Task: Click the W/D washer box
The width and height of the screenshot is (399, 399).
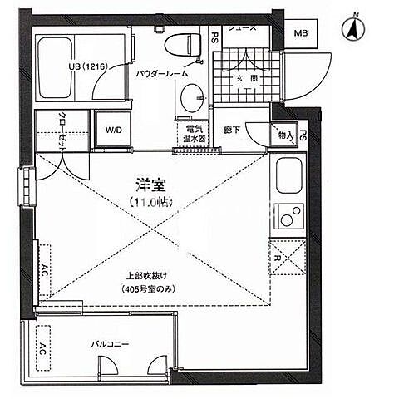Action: (x=111, y=130)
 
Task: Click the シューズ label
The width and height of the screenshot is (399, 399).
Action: (x=240, y=28)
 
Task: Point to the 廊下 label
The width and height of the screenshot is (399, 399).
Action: (x=232, y=131)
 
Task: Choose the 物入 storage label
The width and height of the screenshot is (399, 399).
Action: (x=285, y=133)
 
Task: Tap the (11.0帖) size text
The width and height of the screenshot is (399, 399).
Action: (x=150, y=202)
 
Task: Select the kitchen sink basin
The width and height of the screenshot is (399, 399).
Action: (x=290, y=177)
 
